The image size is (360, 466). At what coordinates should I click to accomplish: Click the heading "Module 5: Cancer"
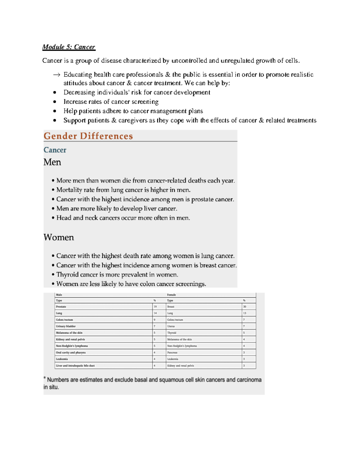pyautogui.click(x=69, y=47)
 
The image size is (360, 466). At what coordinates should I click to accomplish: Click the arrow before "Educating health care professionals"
pyautogui.click(x=56, y=75)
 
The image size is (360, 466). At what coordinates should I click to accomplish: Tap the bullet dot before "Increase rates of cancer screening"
pyautogui.click(x=55, y=102)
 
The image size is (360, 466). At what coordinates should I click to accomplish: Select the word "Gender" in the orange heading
pyautogui.click(x=60, y=136)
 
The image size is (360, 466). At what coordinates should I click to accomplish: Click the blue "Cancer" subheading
pyautogui.click(x=55, y=150)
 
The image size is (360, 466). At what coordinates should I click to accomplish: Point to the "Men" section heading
pyautogui.click(x=52, y=162)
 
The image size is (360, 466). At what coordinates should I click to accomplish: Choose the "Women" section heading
pyautogui.click(x=59, y=238)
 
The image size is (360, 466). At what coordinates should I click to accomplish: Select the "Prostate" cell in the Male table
pyautogui.click(x=61, y=307)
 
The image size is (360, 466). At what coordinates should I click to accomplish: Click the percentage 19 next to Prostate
pyautogui.click(x=155, y=307)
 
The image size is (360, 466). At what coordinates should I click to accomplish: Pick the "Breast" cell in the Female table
pyautogui.click(x=171, y=307)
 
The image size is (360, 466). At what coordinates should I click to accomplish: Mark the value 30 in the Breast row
pyautogui.click(x=244, y=307)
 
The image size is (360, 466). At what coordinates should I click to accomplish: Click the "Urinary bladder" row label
pyautogui.click(x=66, y=326)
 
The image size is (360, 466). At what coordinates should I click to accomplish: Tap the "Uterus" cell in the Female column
pyautogui.click(x=171, y=326)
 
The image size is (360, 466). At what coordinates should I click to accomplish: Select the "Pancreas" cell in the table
pyautogui.click(x=172, y=353)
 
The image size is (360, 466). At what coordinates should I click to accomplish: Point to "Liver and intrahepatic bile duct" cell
pyautogui.click(x=75, y=366)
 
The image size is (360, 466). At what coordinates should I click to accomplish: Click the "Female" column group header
pyautogui.click(x=171, y=295)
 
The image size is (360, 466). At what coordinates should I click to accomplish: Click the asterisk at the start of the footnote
pyautogui.click(x=45, y=378)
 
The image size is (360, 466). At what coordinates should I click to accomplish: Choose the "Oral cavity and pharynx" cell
pyautogui.click(x=71, y=353)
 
